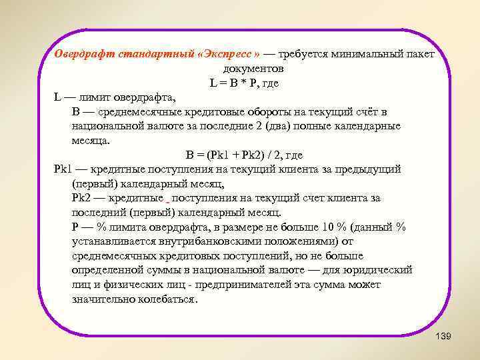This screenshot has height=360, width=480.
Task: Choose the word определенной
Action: [109, 270]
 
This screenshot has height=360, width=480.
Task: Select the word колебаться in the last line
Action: [169, 299]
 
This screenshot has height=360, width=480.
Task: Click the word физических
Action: [125, 285]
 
